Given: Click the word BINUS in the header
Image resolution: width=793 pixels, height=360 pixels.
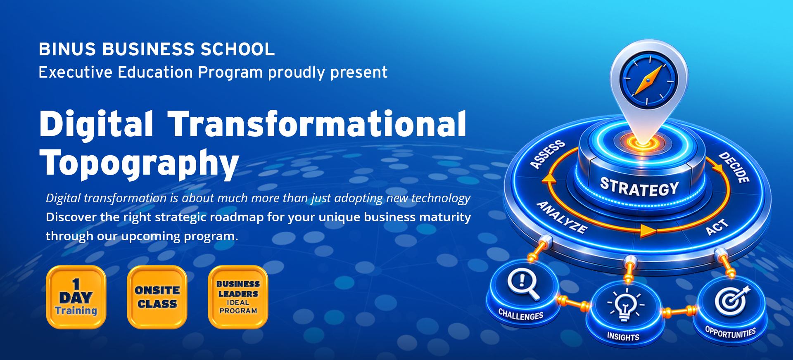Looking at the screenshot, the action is click(x=67, y=50).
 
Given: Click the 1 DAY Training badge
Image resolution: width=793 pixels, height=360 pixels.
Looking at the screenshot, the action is click(x=76, y=297).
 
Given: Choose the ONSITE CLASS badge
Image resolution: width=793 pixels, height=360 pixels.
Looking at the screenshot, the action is click(x=157, y=297).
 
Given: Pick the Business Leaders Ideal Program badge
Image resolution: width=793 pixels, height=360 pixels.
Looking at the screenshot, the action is click(x=238, y=297).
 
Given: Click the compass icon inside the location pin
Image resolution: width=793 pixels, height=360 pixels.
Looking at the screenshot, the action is click(x=649, y=80).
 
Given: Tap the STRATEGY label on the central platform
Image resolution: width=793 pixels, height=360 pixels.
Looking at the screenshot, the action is click(x=640, y=187).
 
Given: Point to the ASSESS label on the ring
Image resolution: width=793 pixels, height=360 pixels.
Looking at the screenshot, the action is click(x=548, y=154).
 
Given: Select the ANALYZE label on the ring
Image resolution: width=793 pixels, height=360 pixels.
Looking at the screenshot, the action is click(x=562, y=218).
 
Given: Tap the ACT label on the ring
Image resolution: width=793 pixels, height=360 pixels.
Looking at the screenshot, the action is click(x=717, y=227).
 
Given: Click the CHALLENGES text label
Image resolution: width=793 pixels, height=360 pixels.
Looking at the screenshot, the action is click(x=521, y=315).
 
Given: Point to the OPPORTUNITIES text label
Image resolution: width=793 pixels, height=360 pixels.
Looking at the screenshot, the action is click(x=731, y=332).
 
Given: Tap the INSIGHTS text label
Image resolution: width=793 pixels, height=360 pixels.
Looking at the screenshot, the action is click(x=623, y=337).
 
